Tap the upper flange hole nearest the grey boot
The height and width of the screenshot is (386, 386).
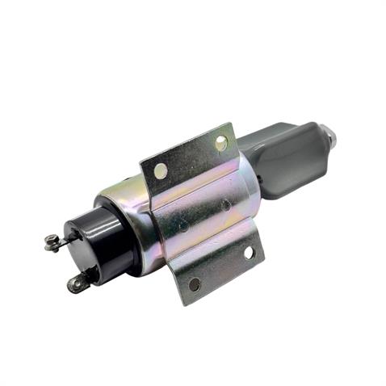220,144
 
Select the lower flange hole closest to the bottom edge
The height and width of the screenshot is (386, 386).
195,283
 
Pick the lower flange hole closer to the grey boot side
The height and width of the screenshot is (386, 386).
248,253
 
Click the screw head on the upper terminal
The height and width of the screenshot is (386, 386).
51,240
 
